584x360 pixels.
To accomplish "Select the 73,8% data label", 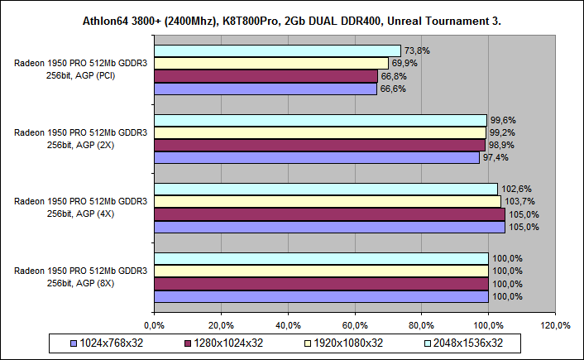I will (x=415, y=50).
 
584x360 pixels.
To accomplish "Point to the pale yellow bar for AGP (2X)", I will (x=320, y=132).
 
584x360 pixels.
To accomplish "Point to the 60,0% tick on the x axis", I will (x=355, y=324).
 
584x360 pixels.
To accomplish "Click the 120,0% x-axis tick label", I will (x=555, y=324).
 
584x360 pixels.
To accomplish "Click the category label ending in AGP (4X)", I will (x=81, y=208).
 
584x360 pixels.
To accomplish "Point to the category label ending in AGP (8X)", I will (x=81, y=277).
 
